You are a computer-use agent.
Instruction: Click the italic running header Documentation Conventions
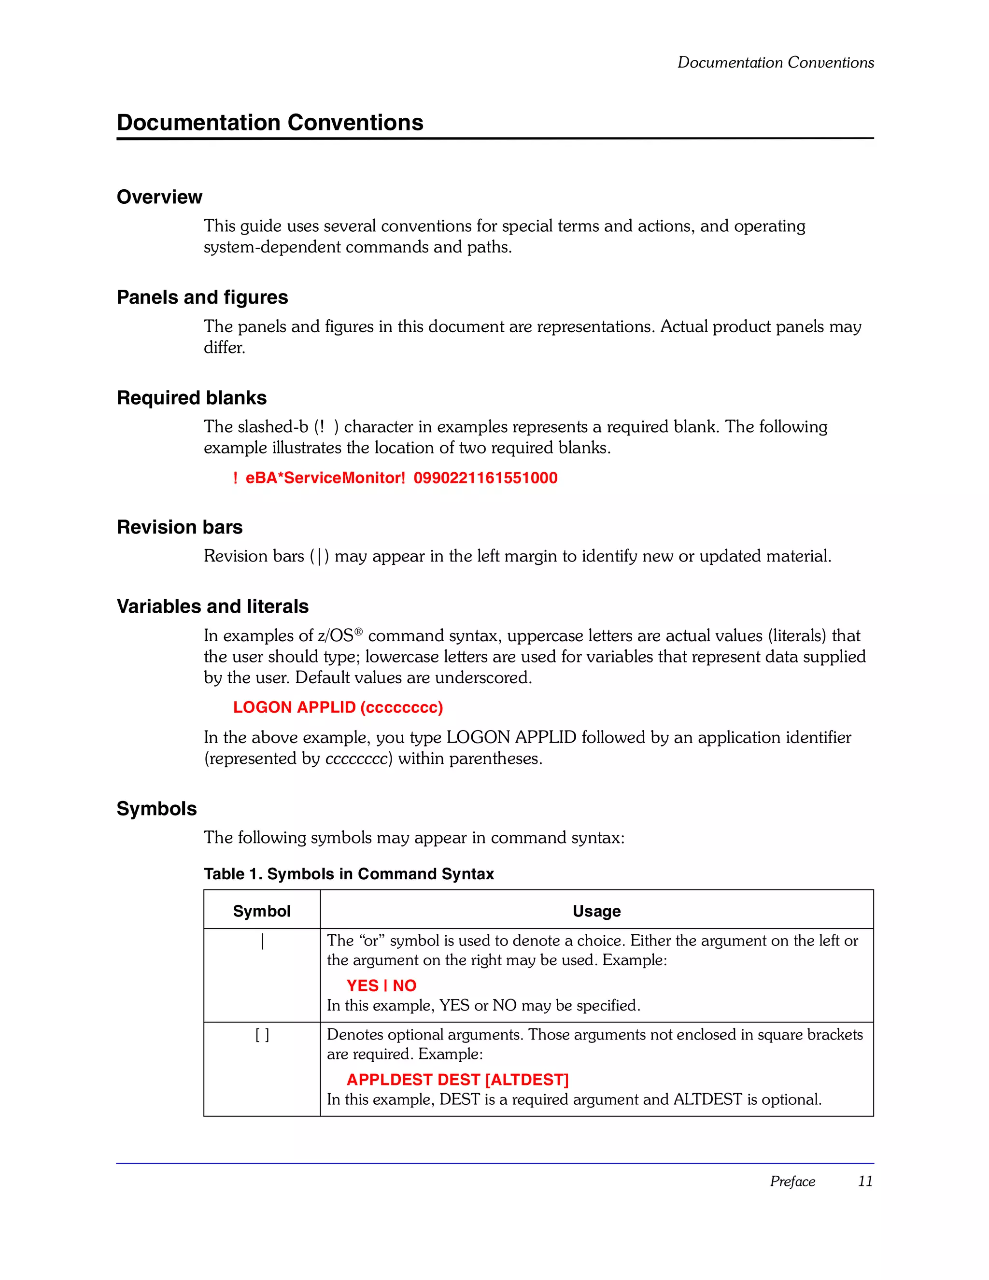775,63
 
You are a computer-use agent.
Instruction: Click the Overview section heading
159,197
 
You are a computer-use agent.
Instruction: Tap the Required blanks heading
192,398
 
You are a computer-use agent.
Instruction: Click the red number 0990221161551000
485,478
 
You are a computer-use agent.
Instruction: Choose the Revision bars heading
179,527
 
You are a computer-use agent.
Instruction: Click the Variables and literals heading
212,606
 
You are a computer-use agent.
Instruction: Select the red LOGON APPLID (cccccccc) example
338,707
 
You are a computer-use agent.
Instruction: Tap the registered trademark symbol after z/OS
359,631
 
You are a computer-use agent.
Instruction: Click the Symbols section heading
156,809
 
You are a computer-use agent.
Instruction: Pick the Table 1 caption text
349,874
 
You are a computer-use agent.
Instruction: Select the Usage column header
596,912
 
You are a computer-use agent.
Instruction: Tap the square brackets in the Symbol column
262,1036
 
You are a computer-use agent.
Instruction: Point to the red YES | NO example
381,986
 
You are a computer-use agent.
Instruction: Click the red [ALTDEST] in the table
526,1080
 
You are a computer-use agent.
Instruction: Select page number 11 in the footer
865,1182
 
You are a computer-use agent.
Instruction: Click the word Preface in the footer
792,1182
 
